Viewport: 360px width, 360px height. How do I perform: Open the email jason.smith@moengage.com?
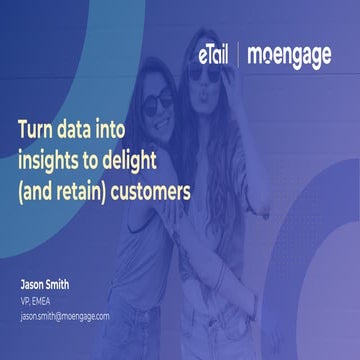pos(65,315)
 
